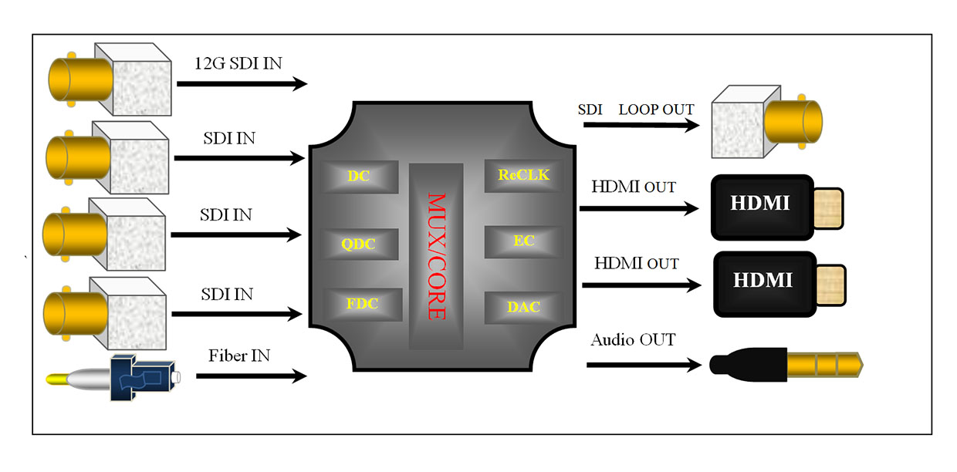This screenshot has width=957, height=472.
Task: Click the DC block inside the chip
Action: coord(359,177)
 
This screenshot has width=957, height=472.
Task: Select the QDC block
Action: coord(359,243)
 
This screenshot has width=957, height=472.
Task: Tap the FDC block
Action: coord(363,304)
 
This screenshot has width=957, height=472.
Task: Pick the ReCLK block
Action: coord(523,175)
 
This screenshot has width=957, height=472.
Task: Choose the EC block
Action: coord(523,241)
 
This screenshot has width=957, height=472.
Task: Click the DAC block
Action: coord(523,307)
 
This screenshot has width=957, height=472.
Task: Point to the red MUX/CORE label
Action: coord(437,255)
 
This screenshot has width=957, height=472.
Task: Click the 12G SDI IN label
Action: coord(238,63)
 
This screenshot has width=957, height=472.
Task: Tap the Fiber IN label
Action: coord(239,356)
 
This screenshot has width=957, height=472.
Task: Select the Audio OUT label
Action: coord(633,339)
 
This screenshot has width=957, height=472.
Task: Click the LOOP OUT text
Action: coord(656,110)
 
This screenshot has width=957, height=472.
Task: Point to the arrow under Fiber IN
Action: coord(252,377)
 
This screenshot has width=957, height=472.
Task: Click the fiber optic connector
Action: coord(116,378)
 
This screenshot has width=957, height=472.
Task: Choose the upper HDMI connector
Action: coord(776,204)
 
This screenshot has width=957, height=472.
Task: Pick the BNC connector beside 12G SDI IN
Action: coord(108,76)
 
